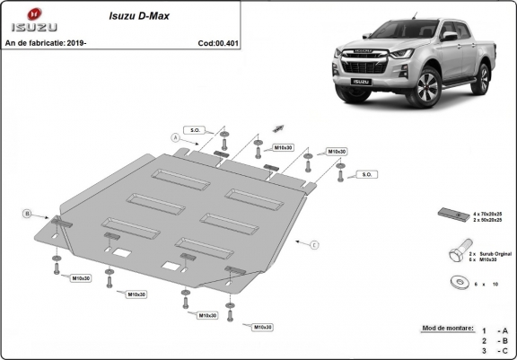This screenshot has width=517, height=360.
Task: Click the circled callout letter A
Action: (x=175, y=137)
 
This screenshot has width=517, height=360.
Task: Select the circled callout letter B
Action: (x=28, y=214)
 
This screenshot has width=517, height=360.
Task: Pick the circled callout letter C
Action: (x=315, y=243)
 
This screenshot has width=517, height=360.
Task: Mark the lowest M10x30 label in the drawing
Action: (x=263, y=327)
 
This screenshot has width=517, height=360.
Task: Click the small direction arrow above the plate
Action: (x=278, y=129)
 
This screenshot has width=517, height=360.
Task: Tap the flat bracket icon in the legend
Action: (x=451, y=214)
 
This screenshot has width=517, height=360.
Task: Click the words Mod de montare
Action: (x=446, y=329)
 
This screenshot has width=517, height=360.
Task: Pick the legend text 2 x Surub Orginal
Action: (x=490, y=255)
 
